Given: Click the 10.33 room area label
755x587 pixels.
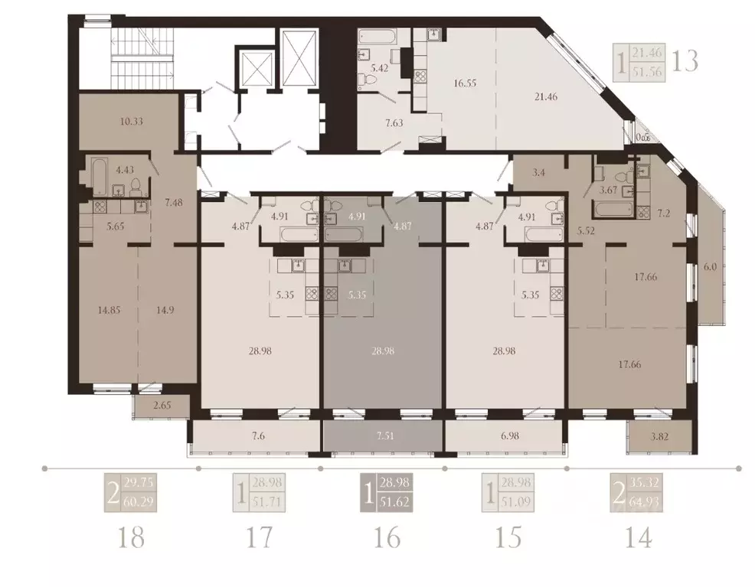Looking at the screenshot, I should point(112,120).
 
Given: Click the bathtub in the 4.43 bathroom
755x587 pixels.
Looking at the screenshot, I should point(98,176).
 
